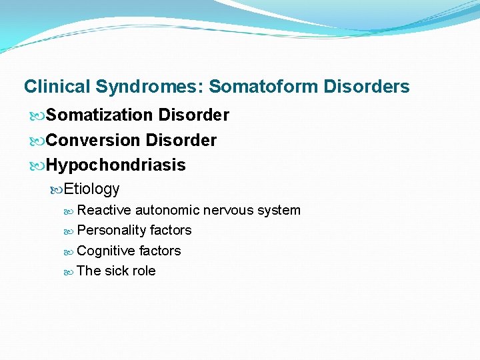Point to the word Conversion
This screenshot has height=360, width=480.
point(93,140)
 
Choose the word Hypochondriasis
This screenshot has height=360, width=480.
point(116,165)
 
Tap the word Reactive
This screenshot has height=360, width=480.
point(104,210)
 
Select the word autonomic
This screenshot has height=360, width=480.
point(167,210)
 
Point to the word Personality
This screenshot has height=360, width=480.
point(109,230)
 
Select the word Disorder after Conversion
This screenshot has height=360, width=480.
point(181,140)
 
